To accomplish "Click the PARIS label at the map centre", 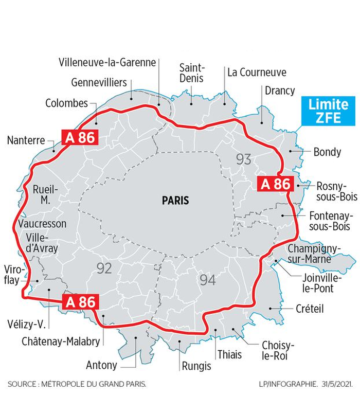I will tap(175, 201).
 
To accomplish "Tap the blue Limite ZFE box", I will tap(328, 111).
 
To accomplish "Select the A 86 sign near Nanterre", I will tap(79, 137).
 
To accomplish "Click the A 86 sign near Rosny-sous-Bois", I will tap(276, 184).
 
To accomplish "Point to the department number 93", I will tap(243, 159).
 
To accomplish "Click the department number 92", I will tap(104, 268).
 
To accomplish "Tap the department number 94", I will tap(208, 280).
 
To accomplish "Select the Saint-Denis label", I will tap(191, 73).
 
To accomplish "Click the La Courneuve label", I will tap(257, 73).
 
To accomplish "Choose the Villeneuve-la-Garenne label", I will tap(107, 62).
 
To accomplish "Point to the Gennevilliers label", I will tap(99, 82).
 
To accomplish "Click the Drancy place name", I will tap(280, 91).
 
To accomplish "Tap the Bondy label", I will tap(327, 152).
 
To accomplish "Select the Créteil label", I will tap(310, 309).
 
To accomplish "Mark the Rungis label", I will tap(196, 366).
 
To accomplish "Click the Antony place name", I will tap(101, 366).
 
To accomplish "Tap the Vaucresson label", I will tap(42, 224).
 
